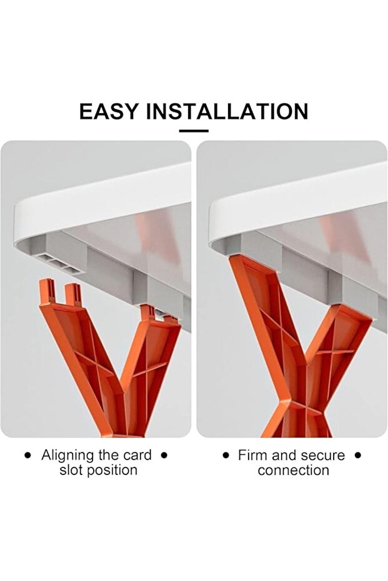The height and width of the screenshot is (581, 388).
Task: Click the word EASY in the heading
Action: click(x=109, y=111)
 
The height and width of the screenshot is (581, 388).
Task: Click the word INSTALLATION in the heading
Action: click(x=227, y=111)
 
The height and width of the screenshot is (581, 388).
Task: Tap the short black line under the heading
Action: click(x=194, y=131)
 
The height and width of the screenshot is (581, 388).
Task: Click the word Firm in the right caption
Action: click(x=252, y=455)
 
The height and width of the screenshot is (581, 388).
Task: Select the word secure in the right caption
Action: click(x=323, y=456)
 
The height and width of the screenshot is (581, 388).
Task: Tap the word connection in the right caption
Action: click(x=294, y=470)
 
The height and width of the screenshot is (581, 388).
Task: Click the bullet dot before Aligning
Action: click(x=27, y=456)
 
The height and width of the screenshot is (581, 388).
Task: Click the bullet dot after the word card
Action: click(x=164, y=455)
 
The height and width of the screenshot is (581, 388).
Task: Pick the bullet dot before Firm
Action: click(x=226, y=455)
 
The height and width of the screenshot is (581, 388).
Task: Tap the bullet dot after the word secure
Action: click(x=357, y=455)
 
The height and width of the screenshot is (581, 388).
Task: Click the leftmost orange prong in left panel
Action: click(x=47, y=291)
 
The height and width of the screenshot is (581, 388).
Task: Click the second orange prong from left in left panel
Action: click(x=74, y=294)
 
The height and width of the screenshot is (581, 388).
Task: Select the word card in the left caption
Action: click(x=137, y=455)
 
